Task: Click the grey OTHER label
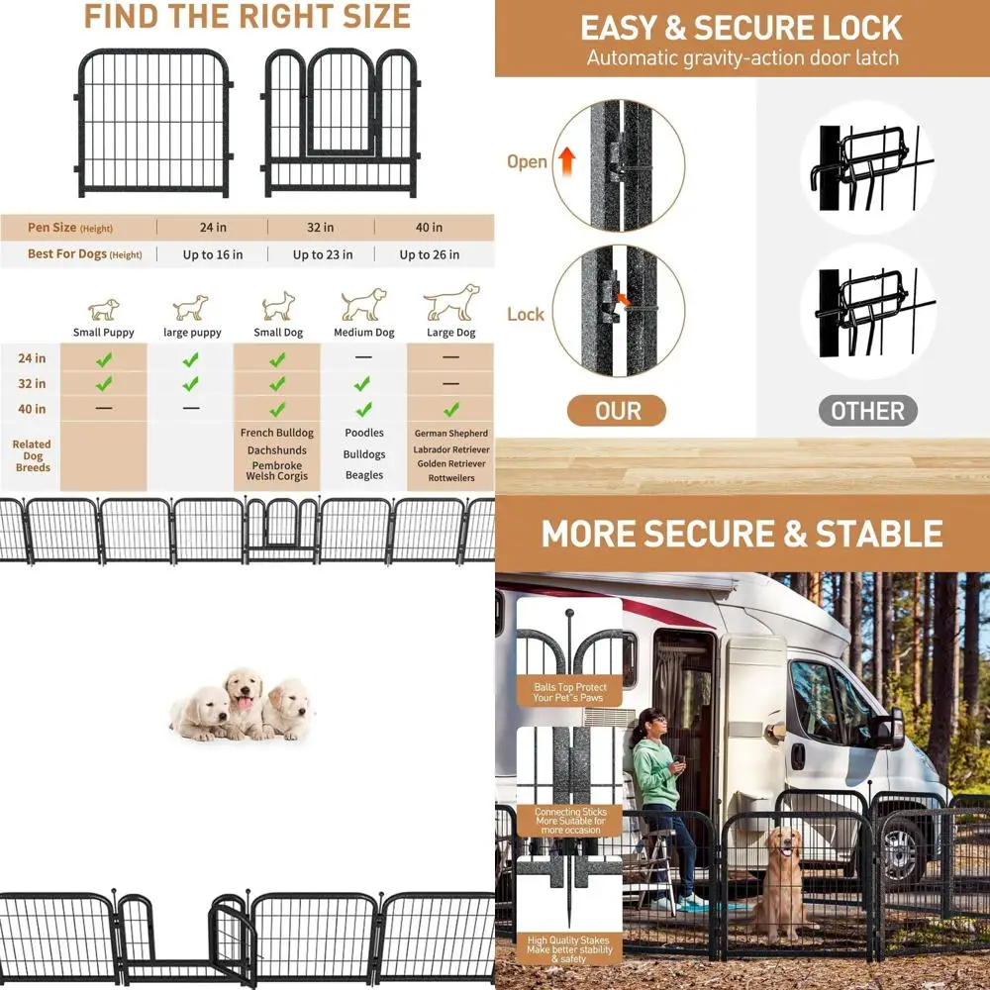pyautogui.click(x=867, y=411)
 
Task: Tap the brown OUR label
pyautogui.click(x=618, y=411)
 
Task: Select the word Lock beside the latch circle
pyautogui.click(x=526, y=314)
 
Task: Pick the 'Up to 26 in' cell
pyautogui.click(x=429, y=254)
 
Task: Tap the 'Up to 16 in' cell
pyautogui.click(x=212, y=254)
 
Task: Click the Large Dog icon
pyautogui.click(x=451, y=302)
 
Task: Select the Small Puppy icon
pyautogui.click(x=103, y=309)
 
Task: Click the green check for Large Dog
pyautogui.click(x=450, y=409)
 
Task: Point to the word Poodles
pyautogui.click(x=364, y=434)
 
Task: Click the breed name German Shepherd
pyautogui.click(x=451, y=434)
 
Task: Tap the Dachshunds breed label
pyautogui.click(x=278, y=450)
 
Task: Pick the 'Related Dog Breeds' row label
pyautogui.click(x=32, y=455)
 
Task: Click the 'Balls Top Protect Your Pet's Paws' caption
pyautogui.click(x=569, y=692)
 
